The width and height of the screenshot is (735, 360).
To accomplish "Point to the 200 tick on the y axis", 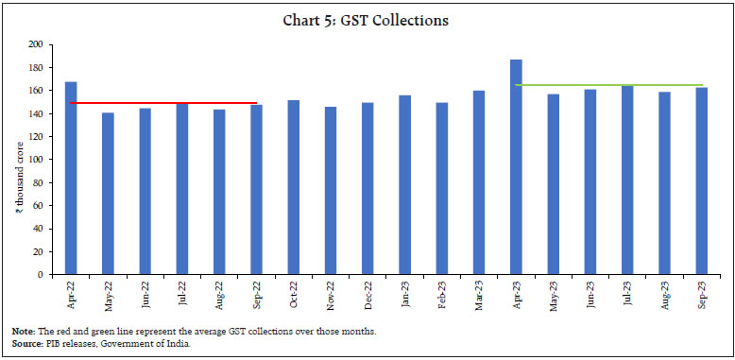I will click(x=36, y=44).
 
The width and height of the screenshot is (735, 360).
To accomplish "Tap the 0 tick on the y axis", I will click(x=41, y=275).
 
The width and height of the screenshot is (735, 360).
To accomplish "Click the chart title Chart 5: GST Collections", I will click(x=367, y=20).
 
